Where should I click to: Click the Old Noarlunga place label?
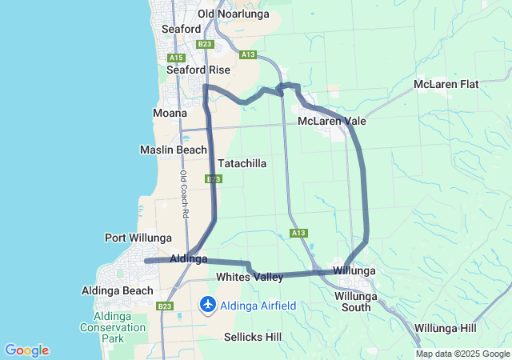(229, 14)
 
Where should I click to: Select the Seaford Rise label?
(198, 70)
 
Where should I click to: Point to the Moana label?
(170, 113)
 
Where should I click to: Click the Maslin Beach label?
(173, 150)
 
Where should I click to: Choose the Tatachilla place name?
(242, 162)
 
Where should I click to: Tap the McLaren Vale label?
(331, 121)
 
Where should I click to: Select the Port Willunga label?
(138, 238)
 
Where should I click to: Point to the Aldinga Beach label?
(118, 290)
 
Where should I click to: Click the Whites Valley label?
(250, 277)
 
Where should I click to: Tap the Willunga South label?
(352, 301)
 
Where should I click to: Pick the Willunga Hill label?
(446, 328)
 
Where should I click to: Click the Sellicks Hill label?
(252, 337)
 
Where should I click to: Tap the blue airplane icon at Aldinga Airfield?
(208, 305)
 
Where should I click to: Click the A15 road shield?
(177, 57)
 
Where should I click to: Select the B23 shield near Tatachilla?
(213, 179)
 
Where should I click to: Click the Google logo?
(26, 350)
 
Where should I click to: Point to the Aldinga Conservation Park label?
(102, 326)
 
